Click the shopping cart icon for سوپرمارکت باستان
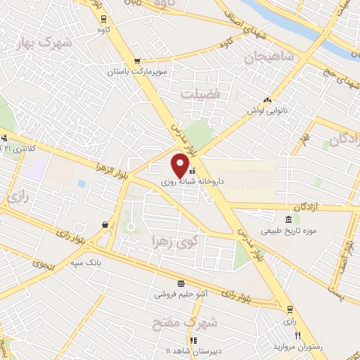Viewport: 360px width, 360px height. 138,60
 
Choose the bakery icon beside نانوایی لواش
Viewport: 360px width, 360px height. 266,100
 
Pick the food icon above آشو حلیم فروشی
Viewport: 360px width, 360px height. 181,283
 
